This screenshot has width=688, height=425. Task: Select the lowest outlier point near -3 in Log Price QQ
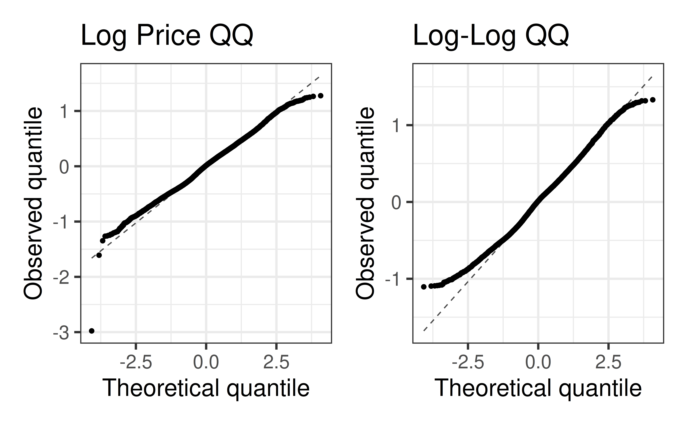click(x=92, y=331)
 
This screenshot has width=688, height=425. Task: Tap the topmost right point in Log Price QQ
click(x=320, y=96)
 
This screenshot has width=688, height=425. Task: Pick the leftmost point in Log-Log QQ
click(x=424, y=287)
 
